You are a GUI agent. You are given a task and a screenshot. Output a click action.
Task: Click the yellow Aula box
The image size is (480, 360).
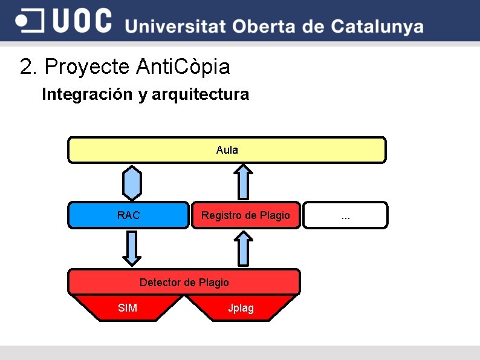tap(227, 150)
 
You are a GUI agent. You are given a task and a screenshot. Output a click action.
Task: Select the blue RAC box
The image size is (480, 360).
tap(128, 215)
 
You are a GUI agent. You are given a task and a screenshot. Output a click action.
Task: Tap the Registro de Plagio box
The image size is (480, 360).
tap(245, 215)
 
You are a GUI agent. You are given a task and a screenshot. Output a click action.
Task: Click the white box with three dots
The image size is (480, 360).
tap(345, 215)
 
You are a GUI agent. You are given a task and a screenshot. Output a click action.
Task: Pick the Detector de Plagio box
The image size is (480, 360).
tap(184, 282)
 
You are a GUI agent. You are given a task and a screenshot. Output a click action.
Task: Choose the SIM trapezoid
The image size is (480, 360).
tap(128, 308)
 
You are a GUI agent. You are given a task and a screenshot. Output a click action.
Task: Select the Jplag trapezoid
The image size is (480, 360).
tap(241, 308)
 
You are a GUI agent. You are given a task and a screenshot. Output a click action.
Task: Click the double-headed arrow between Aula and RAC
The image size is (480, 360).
tap(132, 183)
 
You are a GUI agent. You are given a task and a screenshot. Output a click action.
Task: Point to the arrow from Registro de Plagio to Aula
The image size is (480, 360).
tap(243, 182)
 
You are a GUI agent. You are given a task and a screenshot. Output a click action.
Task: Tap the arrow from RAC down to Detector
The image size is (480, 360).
tap(132, 248)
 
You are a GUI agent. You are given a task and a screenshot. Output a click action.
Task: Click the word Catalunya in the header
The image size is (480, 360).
tap(377, 27)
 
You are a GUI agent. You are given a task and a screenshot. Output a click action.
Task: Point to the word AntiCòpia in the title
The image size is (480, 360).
tap(183, 67)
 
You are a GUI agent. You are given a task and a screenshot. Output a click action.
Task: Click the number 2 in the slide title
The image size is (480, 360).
tap(26, 67)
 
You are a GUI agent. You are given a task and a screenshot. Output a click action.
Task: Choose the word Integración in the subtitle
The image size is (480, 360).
tap(87, 94)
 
